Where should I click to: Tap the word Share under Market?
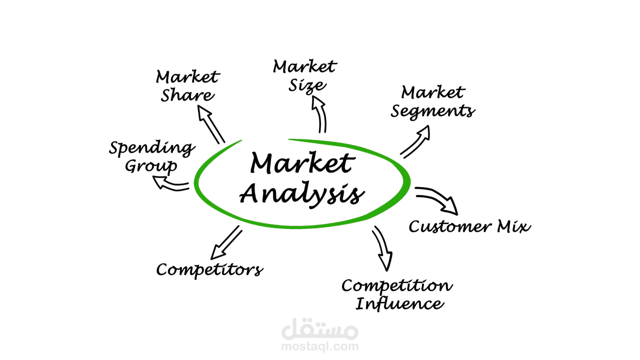click(187, 95)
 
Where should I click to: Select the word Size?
click(307, 85)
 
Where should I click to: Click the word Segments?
click(433, 111)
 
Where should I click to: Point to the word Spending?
click(152, 148)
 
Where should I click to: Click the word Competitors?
click(209, 270)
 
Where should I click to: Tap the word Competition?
click(397, 286)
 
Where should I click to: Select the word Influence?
click(399, 303)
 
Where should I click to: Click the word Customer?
click(450, 227)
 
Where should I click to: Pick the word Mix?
click(513, 226)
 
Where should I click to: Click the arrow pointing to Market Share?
click(210, 124)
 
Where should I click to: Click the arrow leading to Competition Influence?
click(382, 248)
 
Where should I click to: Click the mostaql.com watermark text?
click(319, 346)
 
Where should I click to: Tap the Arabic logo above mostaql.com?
click(319, 328)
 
